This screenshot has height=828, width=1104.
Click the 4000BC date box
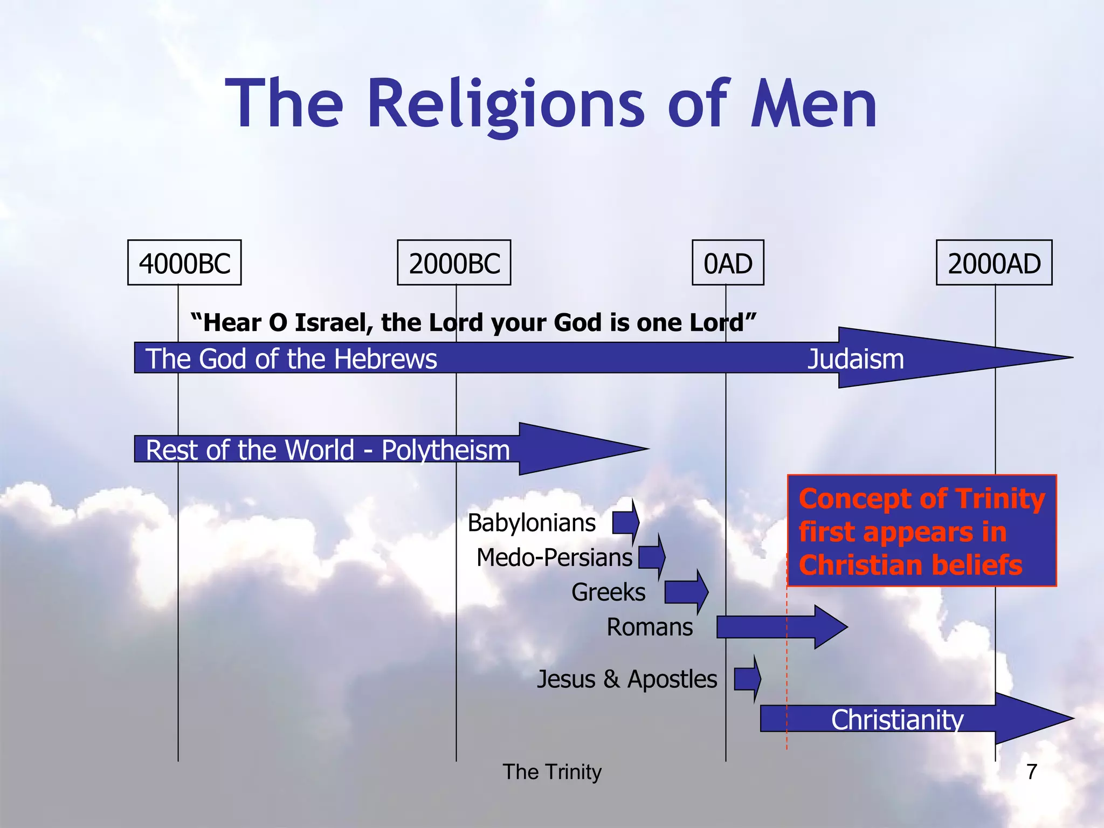(184, 263)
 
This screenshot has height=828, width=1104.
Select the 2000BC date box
(454, 263)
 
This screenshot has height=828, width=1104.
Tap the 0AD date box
(728, 263)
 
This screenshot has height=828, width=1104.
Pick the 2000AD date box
(994, 263)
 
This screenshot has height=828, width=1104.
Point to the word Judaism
(855, 359)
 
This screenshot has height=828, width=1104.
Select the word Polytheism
(445, 450)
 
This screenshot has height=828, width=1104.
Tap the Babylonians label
(532, 523)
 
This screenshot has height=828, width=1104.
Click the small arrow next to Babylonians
(626, 522)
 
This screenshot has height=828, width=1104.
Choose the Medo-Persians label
(554, 557)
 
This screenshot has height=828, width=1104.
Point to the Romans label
(650, 627)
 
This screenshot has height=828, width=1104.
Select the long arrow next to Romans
(782, 627)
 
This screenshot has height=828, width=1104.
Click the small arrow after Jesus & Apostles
(747, 679)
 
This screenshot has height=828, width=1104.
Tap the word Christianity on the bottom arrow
(897, 720)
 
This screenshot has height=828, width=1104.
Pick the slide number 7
(1032, 772)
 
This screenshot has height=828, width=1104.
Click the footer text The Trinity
(552, 772)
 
